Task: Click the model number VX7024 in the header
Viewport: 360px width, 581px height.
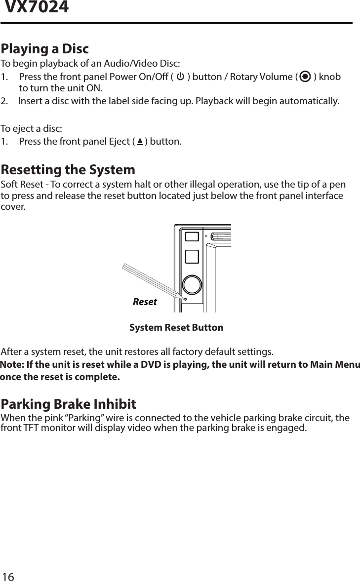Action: click(x=37, y=8)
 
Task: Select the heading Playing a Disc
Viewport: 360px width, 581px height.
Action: click(x=45, y=49)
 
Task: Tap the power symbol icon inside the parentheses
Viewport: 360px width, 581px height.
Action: click(x=180, y=77)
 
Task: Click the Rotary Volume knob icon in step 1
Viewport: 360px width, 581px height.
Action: click(x=305, y=77)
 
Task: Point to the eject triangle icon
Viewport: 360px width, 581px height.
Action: click(x=140, y=142)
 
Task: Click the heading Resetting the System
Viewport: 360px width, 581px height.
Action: click(x=68, y=170)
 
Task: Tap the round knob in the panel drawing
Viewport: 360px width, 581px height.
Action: click(x=192, y=285)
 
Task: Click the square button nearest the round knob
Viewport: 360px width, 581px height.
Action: click(x=192, y=257)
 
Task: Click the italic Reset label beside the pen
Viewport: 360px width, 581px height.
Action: click(x=145, y=302)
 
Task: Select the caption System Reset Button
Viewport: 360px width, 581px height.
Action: click(x=176, y=328)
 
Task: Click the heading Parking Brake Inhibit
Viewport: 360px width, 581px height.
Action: click(x=69, y=404)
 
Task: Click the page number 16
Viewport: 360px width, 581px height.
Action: click(x=8, y=577)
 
